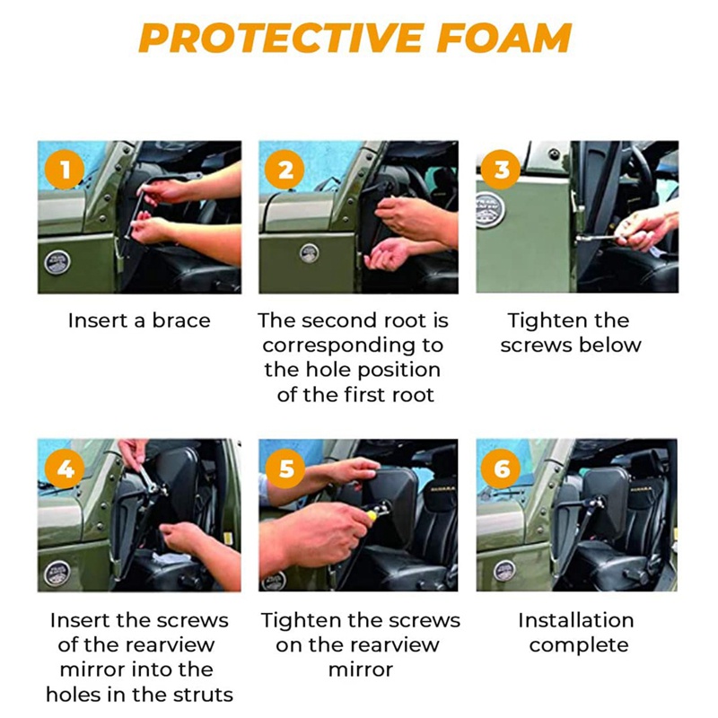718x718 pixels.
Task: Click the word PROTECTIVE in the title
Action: click(281, 38)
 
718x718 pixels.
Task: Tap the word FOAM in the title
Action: click(504, 38)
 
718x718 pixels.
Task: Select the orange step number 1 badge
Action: click(65, 170)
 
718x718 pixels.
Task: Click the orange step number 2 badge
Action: click(285, 170)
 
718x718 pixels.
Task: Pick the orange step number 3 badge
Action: click(501, 170)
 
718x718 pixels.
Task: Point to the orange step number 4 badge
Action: click(65, 468)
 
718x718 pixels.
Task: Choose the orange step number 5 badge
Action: click(285, 468)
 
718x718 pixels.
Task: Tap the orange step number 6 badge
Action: click(501, 468)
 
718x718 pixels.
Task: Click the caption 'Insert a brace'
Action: click(139, 320)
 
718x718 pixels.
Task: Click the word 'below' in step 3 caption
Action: click(610, 345)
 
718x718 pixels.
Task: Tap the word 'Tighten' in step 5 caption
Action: click(300, 621)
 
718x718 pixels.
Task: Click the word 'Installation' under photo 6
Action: click(576, 620)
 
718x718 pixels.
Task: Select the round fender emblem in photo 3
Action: click(490, 211)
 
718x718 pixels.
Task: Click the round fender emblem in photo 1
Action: click(57, 263)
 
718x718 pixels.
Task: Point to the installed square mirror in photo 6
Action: click(607, 498)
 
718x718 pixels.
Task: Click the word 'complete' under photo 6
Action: click(579, 645)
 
